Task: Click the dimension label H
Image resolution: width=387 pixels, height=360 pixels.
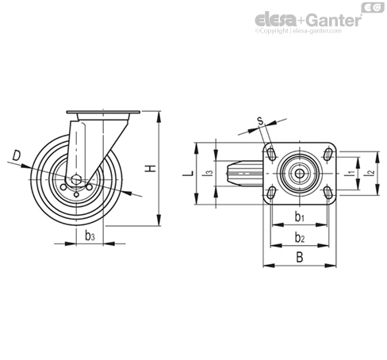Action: (151, 168)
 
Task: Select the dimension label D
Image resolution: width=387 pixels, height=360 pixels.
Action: (17, 155)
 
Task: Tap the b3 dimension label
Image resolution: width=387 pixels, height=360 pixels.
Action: (90, 236)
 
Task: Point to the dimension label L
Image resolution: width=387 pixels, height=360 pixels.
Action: (189, 174)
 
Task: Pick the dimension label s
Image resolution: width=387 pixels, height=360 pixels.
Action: (261, 121)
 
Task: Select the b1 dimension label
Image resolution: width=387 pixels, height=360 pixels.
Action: (300, 217)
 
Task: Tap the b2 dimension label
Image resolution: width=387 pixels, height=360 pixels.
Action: (300, 238)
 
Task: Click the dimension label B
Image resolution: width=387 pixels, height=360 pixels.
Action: (300, 257)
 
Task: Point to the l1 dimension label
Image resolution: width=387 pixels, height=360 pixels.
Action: (351, 173)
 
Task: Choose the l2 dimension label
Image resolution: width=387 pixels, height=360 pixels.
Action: (370, 173)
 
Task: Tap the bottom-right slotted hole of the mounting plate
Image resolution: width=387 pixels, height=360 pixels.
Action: (328, 193)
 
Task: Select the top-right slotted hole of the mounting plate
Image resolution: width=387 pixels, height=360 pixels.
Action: (328, 154)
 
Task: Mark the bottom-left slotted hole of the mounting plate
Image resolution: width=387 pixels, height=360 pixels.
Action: (271, 193)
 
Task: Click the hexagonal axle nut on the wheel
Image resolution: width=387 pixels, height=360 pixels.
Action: (76, 180)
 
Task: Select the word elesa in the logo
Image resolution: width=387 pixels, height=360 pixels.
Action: (276, 20)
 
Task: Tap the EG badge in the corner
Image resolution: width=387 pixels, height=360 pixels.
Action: (373, 7)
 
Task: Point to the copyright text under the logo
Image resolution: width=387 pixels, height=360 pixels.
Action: (298, 31)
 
